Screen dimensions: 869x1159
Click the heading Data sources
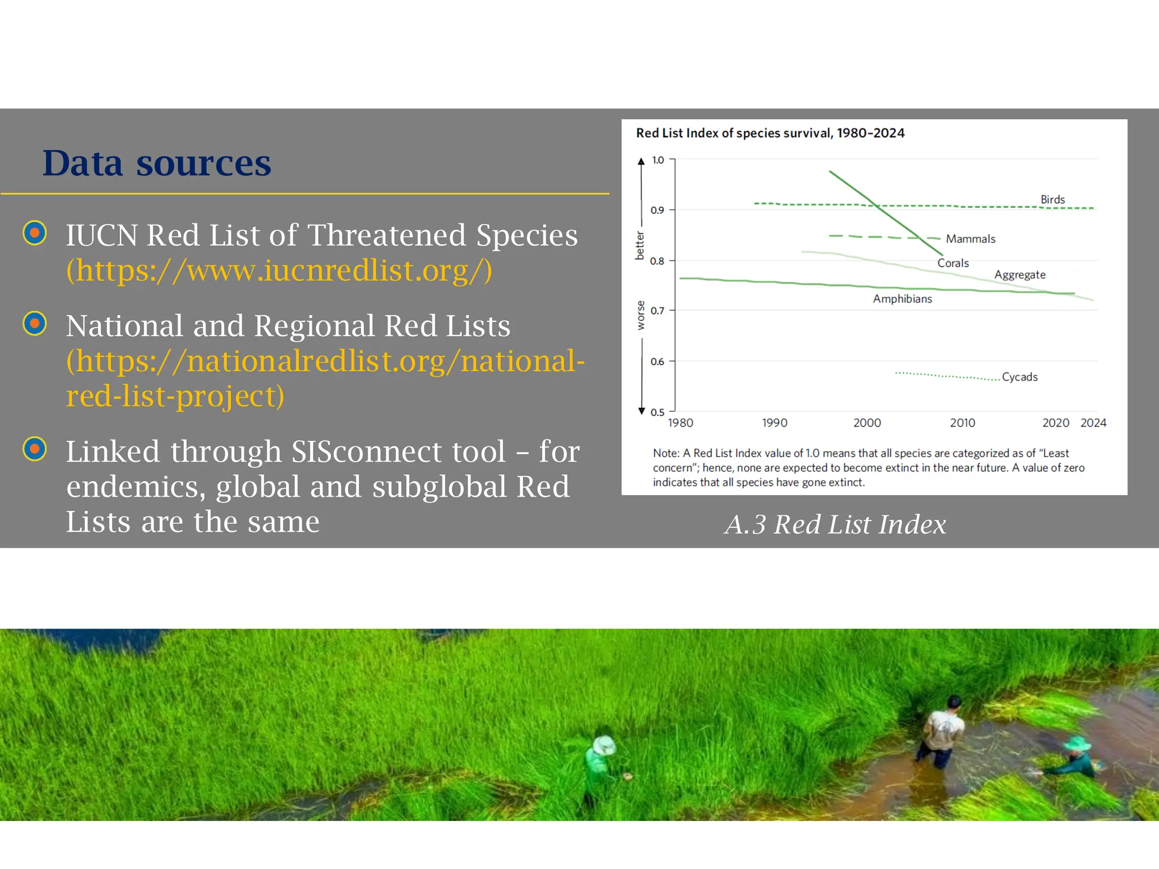point(157,164)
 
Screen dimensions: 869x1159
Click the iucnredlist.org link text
point(279,270)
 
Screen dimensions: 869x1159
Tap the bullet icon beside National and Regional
point(35,324)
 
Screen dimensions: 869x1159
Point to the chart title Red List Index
point(770,133)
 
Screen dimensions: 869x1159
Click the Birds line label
point(1052,200)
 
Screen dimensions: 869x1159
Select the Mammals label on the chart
point(970,239)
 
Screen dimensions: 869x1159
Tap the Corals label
point(952,263)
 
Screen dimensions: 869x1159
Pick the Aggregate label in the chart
point(1019,275)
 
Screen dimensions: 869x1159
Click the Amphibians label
point(902,299)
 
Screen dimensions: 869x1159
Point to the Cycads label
point(1019,377)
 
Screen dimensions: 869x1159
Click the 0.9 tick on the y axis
point(656,210)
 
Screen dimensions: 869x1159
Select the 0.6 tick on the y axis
point(656,362)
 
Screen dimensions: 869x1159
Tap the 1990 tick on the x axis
point(774,423)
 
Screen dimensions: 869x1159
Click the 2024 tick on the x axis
point(1093,423)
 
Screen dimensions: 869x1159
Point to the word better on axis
point(639,246)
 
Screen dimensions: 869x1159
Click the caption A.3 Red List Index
point(835,524)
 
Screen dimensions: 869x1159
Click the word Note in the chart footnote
point(665,453)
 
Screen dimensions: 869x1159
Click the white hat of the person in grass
point(604,745)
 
